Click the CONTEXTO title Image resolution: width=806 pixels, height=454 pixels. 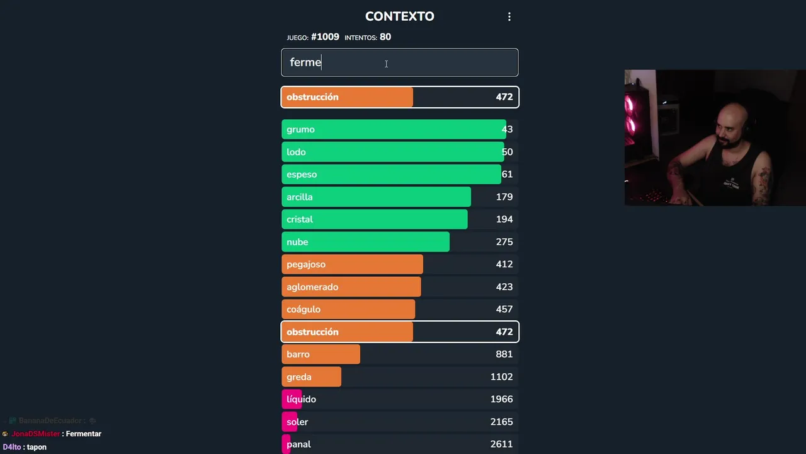[399, 16]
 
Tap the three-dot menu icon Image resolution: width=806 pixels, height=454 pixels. [509, 17]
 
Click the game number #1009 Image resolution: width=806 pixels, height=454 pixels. [325, 37]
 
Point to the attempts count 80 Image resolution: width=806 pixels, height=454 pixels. [385, 37]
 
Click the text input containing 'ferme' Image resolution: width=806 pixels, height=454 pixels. [399, 62]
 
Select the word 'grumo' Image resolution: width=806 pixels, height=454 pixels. [300, 129]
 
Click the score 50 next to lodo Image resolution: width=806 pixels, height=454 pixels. [507, 152]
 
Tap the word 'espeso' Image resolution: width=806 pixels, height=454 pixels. [302, 175]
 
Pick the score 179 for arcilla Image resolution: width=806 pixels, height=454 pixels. [504, 197]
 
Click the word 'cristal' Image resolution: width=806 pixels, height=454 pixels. [300, 219]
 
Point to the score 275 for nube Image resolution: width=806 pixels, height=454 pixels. [504, 242]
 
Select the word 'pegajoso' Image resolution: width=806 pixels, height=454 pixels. [306, 264]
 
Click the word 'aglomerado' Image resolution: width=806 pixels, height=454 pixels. [312, 287]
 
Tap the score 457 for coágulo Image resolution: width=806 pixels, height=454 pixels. [504, 310]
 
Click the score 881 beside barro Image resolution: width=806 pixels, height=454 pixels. [504, 354]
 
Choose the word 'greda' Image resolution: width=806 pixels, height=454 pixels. [299, 377]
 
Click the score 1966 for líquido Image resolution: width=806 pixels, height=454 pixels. [501, 399]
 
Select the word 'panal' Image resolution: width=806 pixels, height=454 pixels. [298, 445]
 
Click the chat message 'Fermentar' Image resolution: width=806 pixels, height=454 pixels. [83, 434]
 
